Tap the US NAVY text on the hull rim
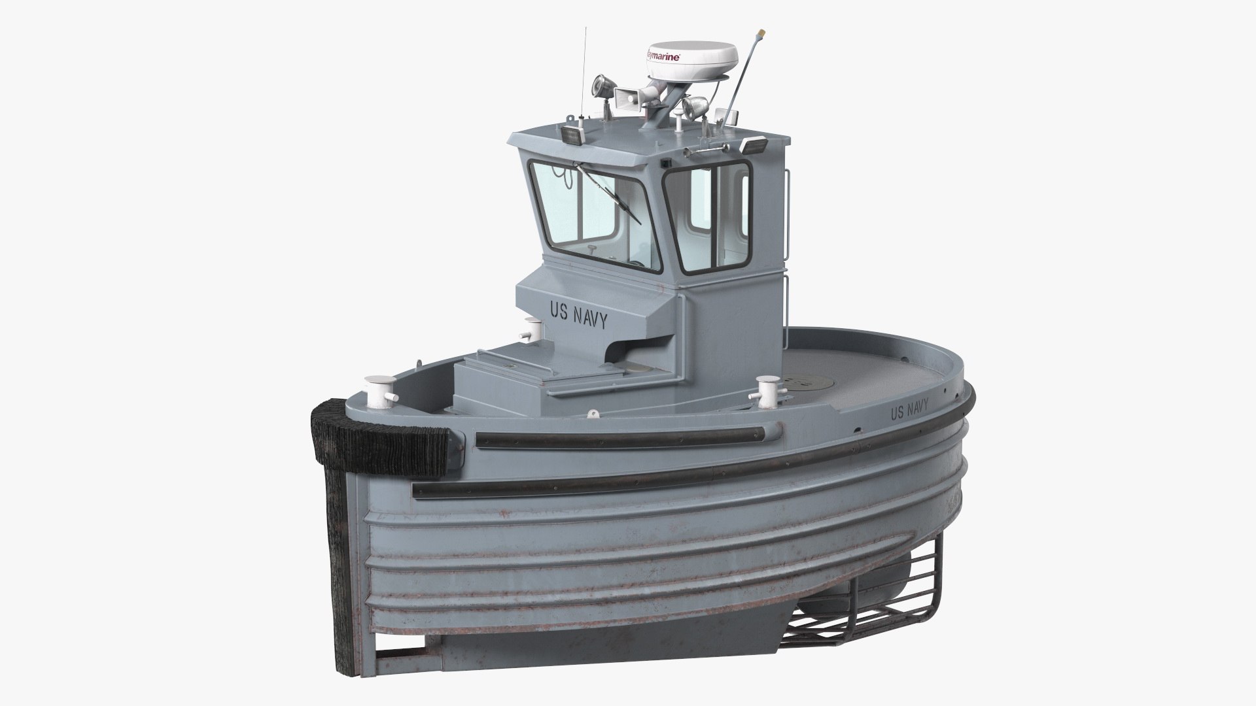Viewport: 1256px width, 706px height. (909, 411)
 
